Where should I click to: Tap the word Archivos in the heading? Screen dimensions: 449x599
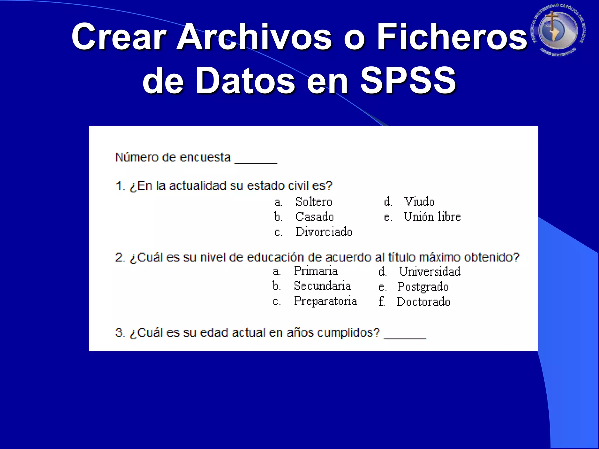point(254,37)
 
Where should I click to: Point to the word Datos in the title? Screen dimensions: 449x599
point(245,80)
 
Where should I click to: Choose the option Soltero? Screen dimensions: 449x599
point(314,202)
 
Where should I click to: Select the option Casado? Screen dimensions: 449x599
point(314,217)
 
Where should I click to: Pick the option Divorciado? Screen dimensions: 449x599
point(324,232)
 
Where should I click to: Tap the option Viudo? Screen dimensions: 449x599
point(419,201)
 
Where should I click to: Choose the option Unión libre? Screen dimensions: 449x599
point(432,217)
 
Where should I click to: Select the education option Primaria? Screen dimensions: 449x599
point(316,271)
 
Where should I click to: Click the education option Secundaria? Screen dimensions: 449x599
point(322,286)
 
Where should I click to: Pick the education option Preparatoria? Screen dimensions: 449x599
point(325,301)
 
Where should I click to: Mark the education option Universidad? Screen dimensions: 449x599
point(430,271)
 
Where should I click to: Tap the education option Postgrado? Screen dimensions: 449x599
point(423,287)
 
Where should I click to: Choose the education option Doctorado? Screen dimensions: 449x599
point(423,302)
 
